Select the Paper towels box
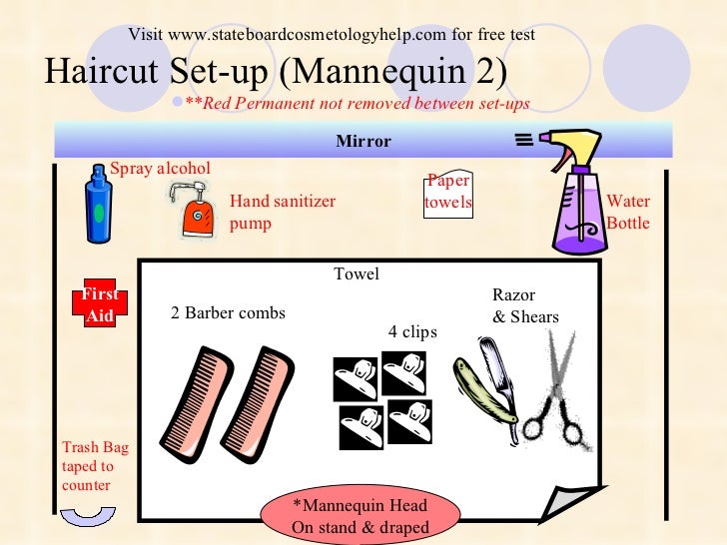pos(448,193)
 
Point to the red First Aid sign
pos(100,303)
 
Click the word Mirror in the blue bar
pos(363,142)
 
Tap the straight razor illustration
pos(486,384)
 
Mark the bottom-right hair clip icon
pos(409,420)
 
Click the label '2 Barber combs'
pos(228,313)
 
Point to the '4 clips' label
pos(412,331)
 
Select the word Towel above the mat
pos(357,273)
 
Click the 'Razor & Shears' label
pos(524,306)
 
